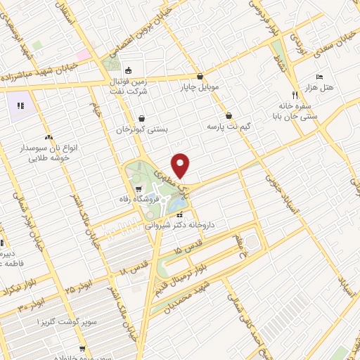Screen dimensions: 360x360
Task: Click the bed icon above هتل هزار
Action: pos(320,75)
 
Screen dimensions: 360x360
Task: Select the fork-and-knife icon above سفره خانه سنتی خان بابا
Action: pos(295,94)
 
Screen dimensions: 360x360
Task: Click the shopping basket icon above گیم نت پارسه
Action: pos(229,116)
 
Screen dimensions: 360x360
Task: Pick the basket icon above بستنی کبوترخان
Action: pos(143,119)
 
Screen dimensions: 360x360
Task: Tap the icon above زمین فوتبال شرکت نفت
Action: pos(129,71)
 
